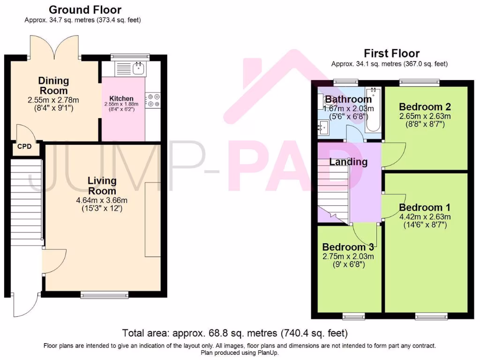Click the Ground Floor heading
[85, 10]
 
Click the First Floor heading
[391, 53]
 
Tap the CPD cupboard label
[24, 147]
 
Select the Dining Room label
[53, 86]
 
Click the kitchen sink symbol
[138, 69]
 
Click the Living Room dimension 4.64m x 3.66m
[102, 200]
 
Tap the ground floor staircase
[26, 202]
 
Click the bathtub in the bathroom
[374, 110]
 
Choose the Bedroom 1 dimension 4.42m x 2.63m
[425, 217]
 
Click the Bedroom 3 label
[351, 247]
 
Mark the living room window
[104, 295]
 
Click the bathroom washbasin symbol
[323, 126]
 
